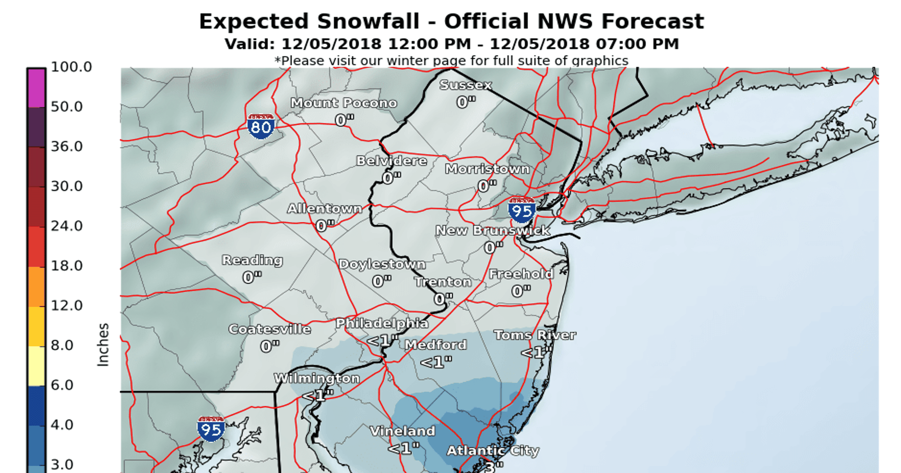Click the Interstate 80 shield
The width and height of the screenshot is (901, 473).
tap(261, 126)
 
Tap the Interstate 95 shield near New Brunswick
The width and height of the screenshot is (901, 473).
tap(522, 210)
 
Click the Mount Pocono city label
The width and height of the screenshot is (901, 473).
tap(344, 103)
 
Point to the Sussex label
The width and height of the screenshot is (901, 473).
tap(465, 85)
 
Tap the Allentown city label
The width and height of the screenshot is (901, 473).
tap(325, 209)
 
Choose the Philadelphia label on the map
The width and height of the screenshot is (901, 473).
tap(382, 323)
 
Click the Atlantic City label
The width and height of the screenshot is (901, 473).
tap(493, 450)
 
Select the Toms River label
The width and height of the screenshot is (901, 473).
tap(535, 335)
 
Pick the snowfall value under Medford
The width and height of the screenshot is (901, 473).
tap(436, 362)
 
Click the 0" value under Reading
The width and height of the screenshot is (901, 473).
tap(252, 277)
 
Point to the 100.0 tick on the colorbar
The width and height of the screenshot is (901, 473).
tap(71, 67)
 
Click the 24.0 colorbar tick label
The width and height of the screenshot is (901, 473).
tap(67, 226)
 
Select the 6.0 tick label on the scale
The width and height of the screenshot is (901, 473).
tap(62, 385)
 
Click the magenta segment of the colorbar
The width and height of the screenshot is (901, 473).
tap(36, 88)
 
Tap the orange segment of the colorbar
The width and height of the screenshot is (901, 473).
tap(36, 287)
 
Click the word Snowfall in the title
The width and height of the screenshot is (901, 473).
tap(368, 21)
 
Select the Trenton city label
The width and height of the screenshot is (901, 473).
tap(443, 282)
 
